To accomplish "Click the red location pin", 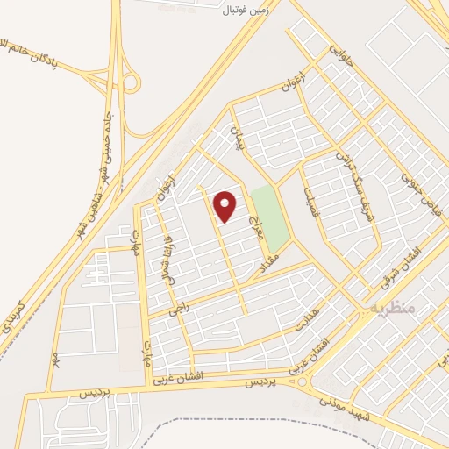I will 224,206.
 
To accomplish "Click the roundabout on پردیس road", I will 303,383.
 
